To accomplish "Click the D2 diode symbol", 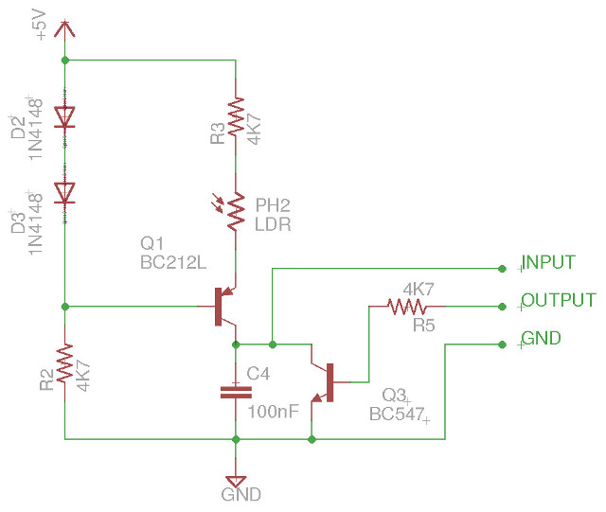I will pyautogui.click(x=64, y=116).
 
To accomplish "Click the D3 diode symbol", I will pyautogui.click(x=64, y=192).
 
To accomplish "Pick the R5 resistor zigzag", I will pyautogui.click(x=407, y=307).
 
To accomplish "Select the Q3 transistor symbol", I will pyautogui.click(x=326, y=381).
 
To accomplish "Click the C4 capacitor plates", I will pyautogui.click(x=235, y=391).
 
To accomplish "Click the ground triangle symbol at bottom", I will pyautogui.click(x=235, y=480).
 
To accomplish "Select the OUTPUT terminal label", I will pyautogui.click(x=559, y=301).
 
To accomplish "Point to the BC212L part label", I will pyautogui.click(x=172, y=264).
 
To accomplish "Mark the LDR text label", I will pyautogui.click(x=273, y=225).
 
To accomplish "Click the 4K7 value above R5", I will pyautogui.click(x=419, y=288).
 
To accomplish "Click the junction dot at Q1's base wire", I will pyautogui.click(x=64, y=307).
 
